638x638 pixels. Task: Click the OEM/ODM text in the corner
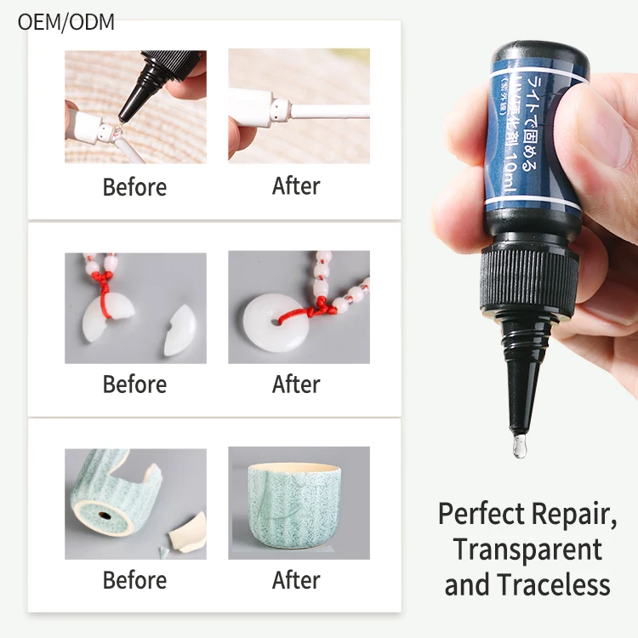pyautogui.click(x=66, y=21)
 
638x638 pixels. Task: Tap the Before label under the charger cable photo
pyautogui.click(x=134, y=186)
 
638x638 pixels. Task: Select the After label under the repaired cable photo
pyautogui.click(x=296, y=186)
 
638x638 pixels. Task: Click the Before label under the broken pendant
pyautogui.click(x=134, y=384)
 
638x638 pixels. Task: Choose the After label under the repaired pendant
pyautogui.click(x=296, y=384)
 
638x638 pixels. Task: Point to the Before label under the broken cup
pyautogui.click(x=134, y=580)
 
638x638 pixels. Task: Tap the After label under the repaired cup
pyautogui.click(x=296, y=580)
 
